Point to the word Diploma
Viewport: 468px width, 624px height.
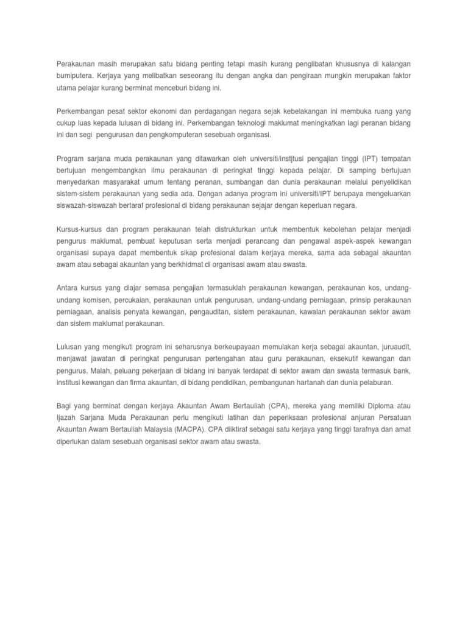381,405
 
